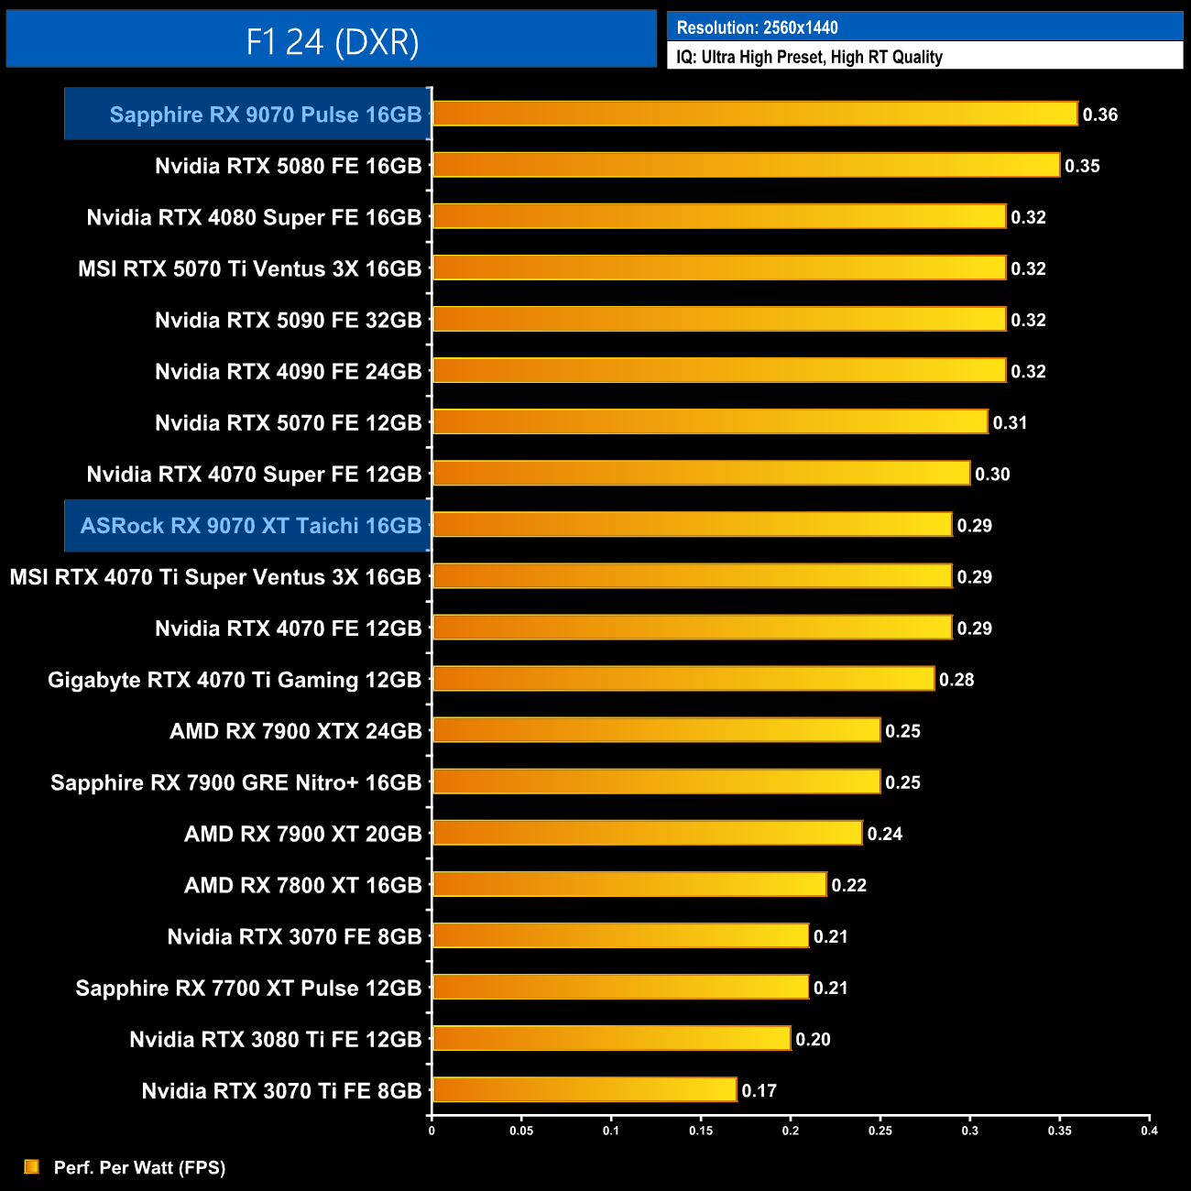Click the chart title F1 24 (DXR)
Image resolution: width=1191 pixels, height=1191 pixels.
tap(332, 41)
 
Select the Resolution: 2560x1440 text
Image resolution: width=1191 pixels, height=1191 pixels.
tap(757, 27)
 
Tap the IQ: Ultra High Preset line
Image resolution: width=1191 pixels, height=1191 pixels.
tap(809, 57)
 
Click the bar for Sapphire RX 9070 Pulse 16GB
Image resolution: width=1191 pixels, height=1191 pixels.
tap(754, 114)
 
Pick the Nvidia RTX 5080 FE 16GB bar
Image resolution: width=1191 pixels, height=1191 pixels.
tap(746, 165)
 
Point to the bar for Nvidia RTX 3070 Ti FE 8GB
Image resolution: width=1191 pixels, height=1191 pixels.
tap(585, 1090)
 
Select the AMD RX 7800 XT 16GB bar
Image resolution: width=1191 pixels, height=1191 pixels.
tap(629, 885)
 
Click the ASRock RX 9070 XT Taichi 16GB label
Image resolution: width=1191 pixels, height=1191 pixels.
tap(251, 526)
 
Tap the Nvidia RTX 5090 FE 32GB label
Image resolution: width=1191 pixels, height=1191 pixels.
tap(289, 321)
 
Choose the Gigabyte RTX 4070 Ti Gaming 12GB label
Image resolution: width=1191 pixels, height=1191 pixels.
tap(235, 680)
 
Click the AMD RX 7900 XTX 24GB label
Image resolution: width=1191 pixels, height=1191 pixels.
tap(296, 731)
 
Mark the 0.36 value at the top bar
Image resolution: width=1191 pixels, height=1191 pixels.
tap(1100, 115)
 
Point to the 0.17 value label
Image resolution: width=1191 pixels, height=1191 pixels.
tap(759, 1091)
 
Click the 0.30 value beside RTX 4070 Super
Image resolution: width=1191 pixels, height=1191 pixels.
tap(992, 475)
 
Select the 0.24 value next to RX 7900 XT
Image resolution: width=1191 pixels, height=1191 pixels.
tap(885, 834)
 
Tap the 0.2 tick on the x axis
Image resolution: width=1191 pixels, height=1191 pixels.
tap(791, 1131)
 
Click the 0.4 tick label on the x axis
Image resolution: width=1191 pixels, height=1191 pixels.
tap(1149, 1131)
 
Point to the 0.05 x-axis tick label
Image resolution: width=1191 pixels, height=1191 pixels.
tap(521, 1131)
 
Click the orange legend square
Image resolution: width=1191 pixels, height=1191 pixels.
tap(32, 1166)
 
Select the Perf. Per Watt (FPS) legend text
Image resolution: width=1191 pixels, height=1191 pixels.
tap(139, 1167)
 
